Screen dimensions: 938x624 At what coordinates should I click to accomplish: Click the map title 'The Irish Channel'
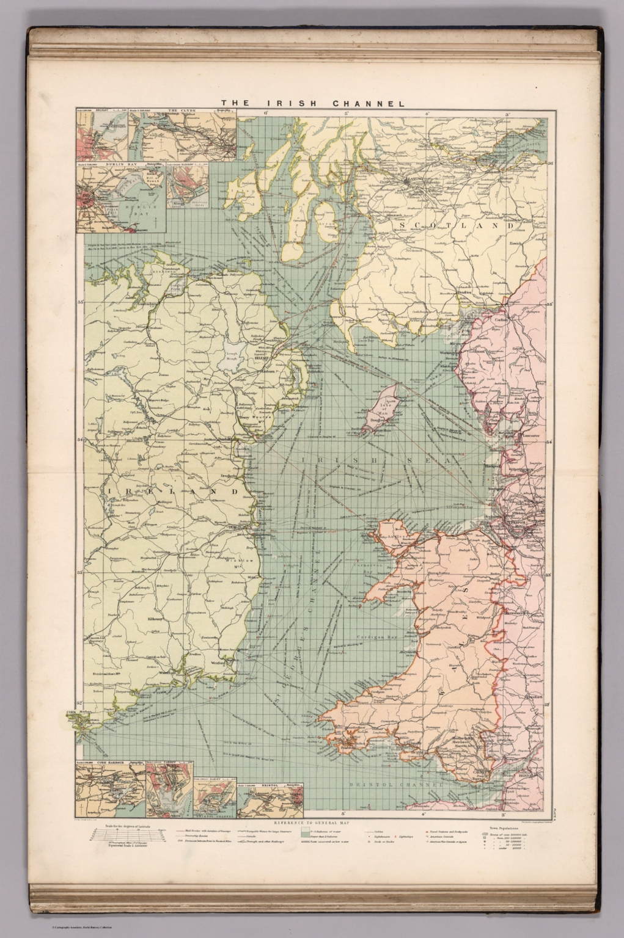312,103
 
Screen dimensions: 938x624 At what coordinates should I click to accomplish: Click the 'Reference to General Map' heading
312,820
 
